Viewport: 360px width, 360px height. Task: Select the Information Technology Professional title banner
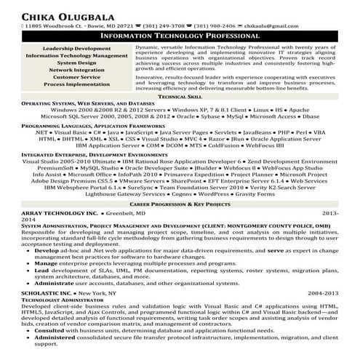pyautogui.click(x=180, y=35)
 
